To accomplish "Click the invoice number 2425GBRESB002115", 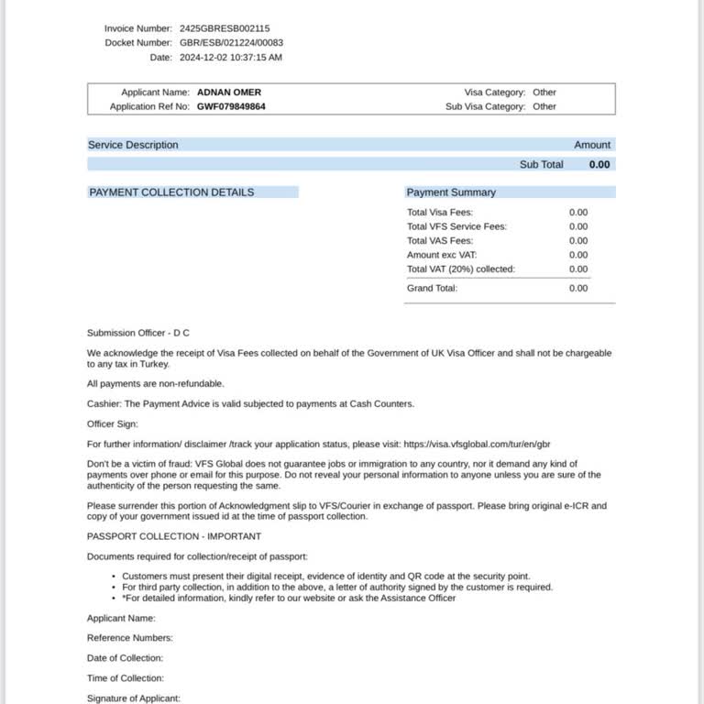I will [x=225, y=28].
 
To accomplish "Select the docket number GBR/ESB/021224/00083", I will [x=231, y=43].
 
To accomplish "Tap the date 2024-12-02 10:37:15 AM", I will [x=231, y=58].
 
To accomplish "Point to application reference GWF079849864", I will [x=232, y=106].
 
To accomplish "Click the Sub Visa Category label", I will [x=485, y=106].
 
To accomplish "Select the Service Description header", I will [x=133, y=145].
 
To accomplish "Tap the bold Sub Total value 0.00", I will [x=599, y=165].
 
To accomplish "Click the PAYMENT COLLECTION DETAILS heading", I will [x=171, y=192].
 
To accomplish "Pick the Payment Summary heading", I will [x=451, y=192].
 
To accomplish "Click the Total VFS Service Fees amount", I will [x=578, y=226].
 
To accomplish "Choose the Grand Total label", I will [x=432, y=288].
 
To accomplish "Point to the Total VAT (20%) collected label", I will [x=461, y=269].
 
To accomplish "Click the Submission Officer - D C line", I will [x=138, y=333].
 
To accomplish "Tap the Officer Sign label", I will [x=113, y=423].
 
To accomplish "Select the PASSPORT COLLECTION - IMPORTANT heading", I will [x=174, y=536].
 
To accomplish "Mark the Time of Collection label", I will [x=126, y=678].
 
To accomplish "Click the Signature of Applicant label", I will [x=134, y=698].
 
